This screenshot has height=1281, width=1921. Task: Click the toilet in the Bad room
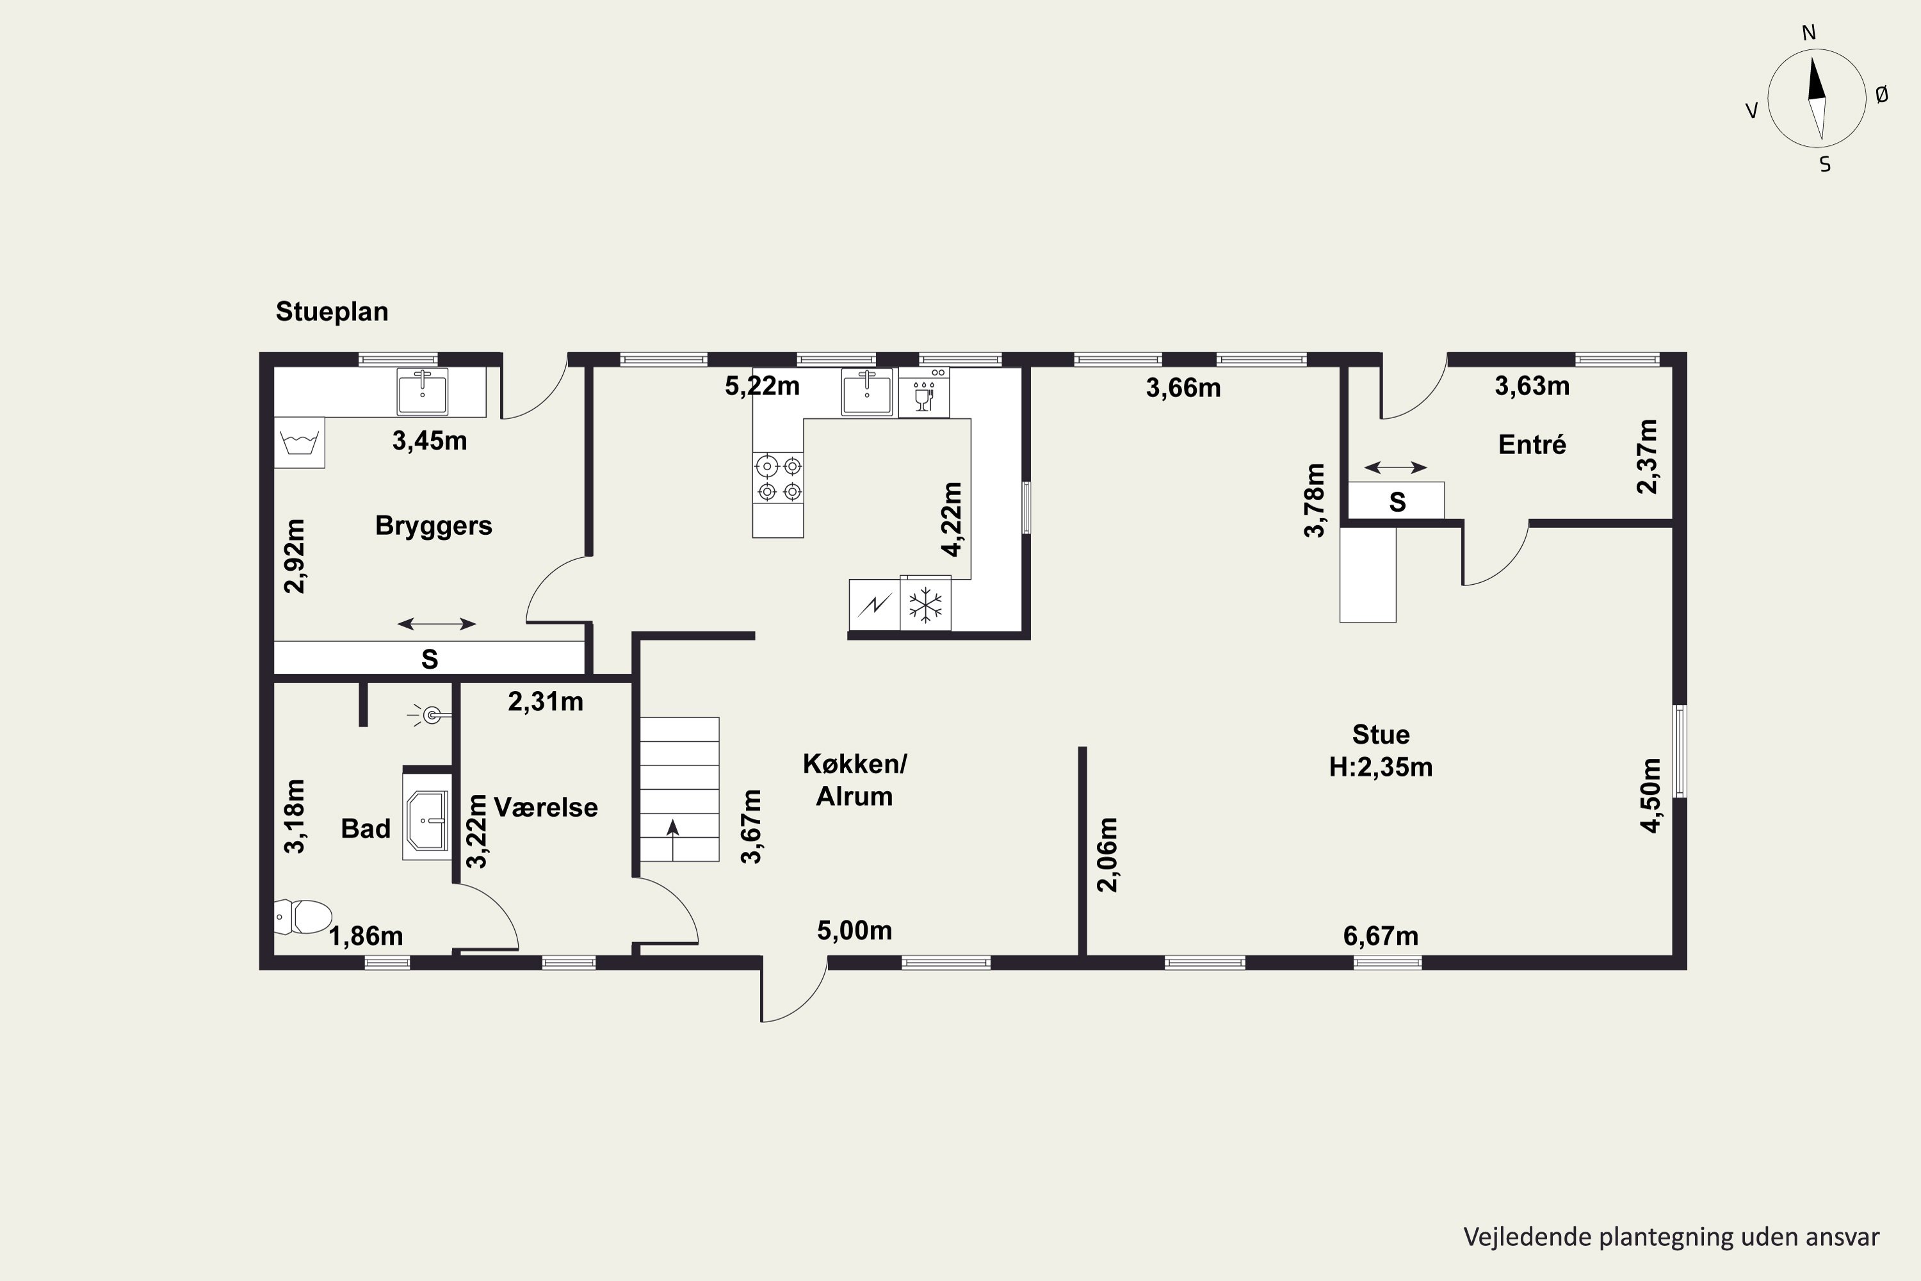click(x=303, y=917)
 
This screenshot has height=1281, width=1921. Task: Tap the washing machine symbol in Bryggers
click(x=299, y=442)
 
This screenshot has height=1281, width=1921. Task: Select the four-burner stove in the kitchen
click(x=779, y=478)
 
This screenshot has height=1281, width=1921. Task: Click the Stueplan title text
click(x=332, y=311)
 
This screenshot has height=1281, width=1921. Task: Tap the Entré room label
click(x=1532, y=445)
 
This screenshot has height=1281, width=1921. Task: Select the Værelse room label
click(x=546, y=807)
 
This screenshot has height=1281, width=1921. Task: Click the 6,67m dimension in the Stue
click(x=1381, y=935)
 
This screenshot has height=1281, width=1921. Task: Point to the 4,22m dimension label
click(x=952, y=519)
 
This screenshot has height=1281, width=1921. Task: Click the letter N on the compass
click(x=1808, y=33)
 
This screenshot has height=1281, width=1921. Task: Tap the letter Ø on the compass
click(x=1882, y=95)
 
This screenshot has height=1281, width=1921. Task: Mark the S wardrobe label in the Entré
click(x=1397, y=502)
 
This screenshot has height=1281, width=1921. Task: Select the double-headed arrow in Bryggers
click(x=437, y=624)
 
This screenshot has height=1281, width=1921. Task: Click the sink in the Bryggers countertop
click(x=422, y=392)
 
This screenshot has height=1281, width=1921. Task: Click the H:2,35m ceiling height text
click(x=1381, y=767)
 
